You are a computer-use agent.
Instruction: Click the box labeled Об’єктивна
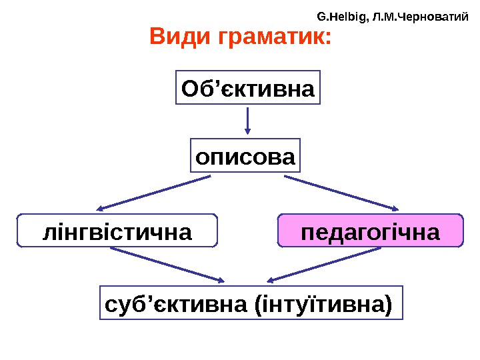pos(248,88)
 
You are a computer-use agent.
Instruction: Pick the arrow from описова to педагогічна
pos(341,193)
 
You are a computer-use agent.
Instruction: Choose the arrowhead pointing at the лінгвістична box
pos(102,207)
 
